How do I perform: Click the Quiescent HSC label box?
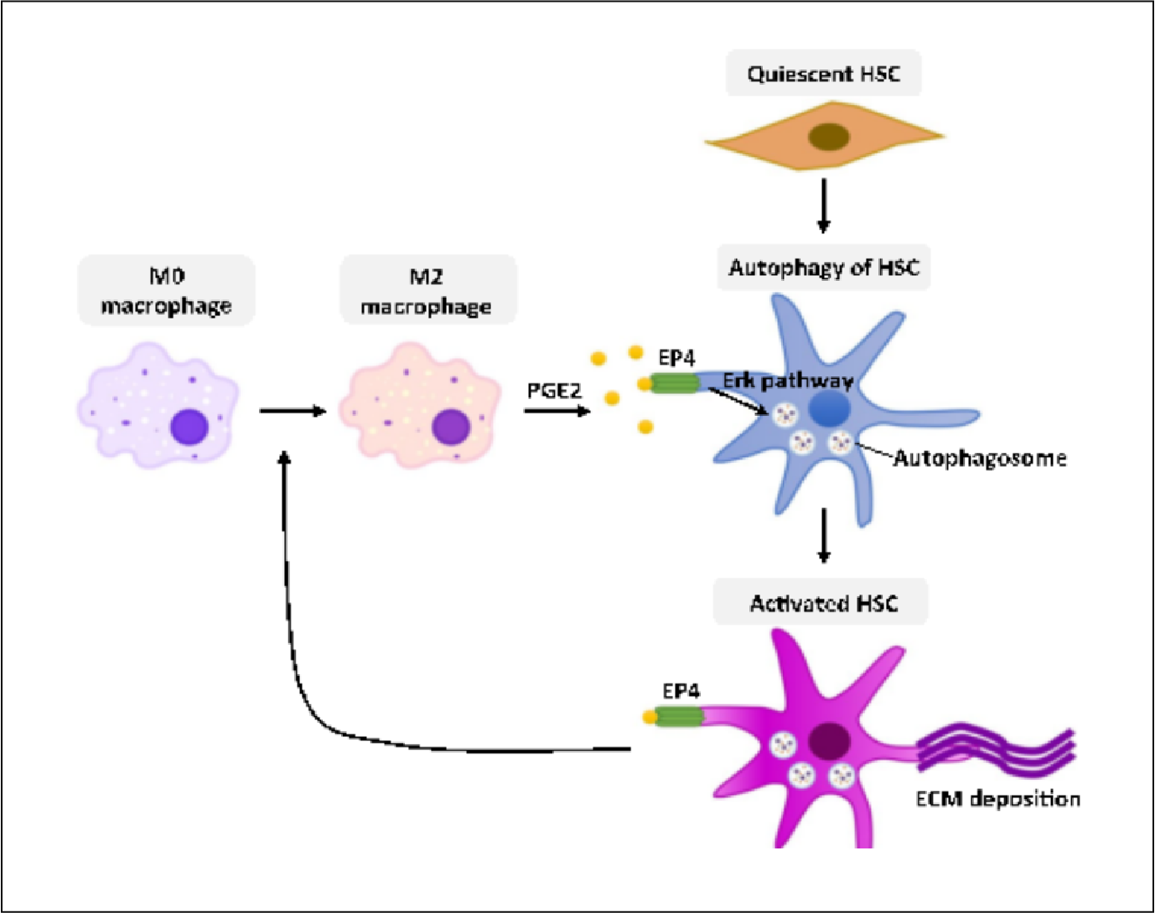click(823, 74)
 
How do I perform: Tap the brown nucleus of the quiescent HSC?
click(828, 136)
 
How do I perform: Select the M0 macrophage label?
click(166, 291)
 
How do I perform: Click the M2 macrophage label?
click(427, 291)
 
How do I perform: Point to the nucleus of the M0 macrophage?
click(189, 427)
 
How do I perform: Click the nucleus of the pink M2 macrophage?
click(451, 427)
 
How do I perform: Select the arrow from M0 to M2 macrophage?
click(292, 411)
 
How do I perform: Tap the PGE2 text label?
click(553, 391)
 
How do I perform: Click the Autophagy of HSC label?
click(823, 268)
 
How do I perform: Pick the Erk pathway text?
click(788, 381)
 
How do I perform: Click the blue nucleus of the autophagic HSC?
click(830, 409)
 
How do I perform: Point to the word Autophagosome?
click(979, 458)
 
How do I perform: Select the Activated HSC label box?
click(821, 603)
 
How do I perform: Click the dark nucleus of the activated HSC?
click(830, 740)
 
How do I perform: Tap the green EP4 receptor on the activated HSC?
click(678, 717)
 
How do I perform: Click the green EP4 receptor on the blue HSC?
click(675, 384)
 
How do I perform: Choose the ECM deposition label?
click(997, 798)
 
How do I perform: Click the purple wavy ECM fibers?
click(997, 749)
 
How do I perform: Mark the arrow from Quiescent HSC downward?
click(823, 205)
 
